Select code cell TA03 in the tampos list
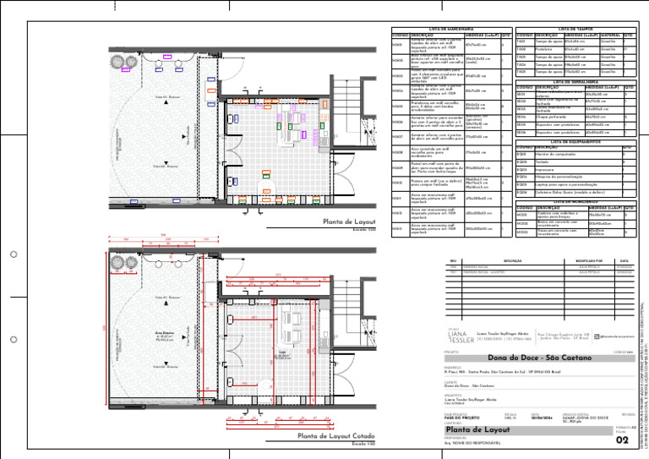point(521,57)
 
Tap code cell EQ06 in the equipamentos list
point(521,193)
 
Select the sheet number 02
point(623,440)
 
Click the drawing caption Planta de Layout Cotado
point(335,436)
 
